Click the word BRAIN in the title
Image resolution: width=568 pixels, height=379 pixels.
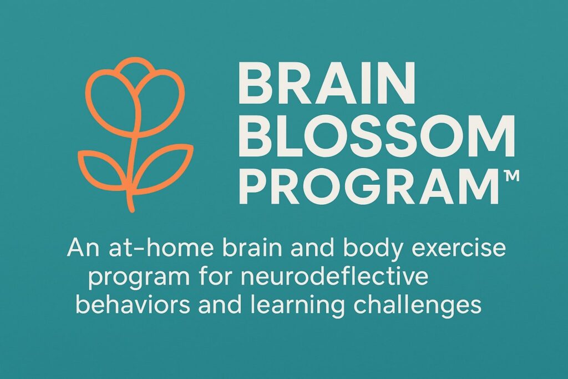coord(326,83)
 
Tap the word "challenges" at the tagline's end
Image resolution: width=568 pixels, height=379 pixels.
coord(417,305)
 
